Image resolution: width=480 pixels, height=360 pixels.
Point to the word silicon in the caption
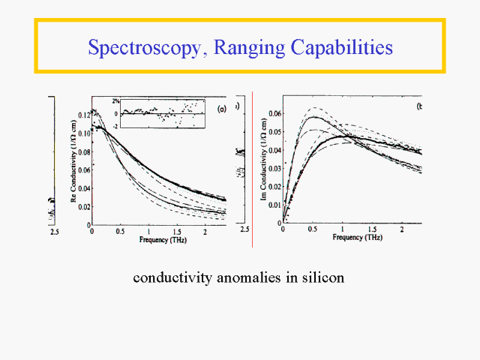[x=322, y=277]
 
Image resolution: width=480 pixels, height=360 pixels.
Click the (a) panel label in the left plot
[x=221, y=110]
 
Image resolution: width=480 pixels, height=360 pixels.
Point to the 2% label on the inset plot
[x=115, y=100]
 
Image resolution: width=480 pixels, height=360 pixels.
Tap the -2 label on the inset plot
[x=115, y=125]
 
